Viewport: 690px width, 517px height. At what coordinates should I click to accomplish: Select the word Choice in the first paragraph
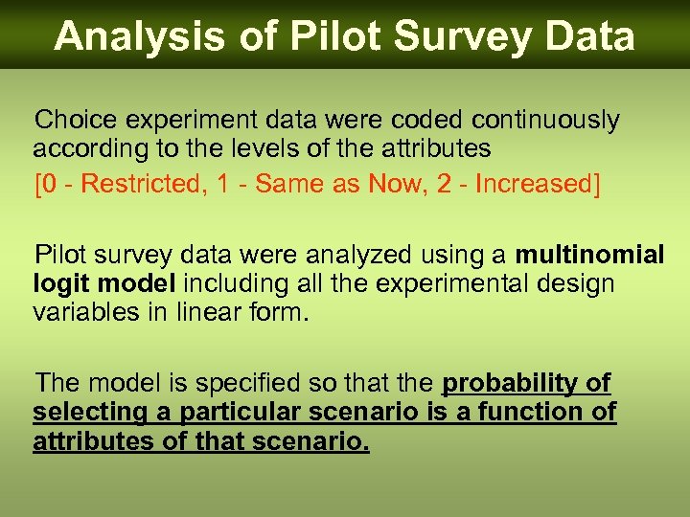pyautogui.click(x=74, y=121)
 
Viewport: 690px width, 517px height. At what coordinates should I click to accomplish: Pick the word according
pyautogui.click(x=85, y=149)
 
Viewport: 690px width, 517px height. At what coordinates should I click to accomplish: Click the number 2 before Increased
pyautogui.click(x=445, y=183)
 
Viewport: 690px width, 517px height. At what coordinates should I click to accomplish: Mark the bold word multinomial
pyautogui.click(x=589, y=256)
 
